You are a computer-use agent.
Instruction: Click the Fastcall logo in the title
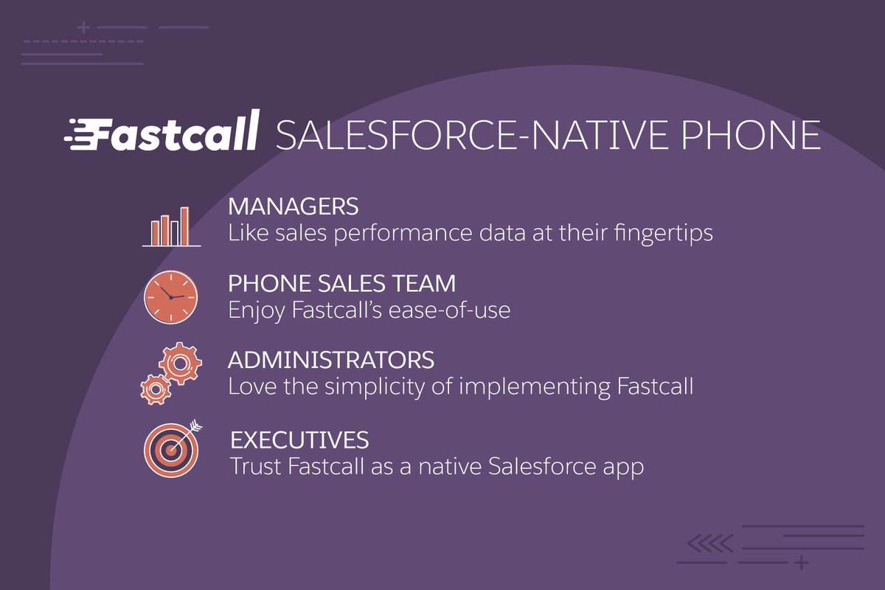tap(162, 132)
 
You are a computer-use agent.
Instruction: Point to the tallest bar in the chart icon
tap(184, 226)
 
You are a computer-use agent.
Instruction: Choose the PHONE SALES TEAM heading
tap(341, 283)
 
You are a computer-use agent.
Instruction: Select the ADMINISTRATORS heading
tap(331, 361)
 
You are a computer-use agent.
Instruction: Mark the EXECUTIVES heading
tap(299, 440)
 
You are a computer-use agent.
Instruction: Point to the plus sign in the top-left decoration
tap(83, 28)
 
